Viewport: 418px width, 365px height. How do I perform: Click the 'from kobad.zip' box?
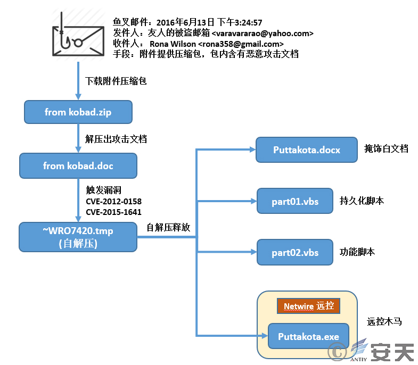coord(78,112)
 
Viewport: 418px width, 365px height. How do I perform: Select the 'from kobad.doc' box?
coord(78,165)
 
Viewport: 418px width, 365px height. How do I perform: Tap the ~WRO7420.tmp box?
coord(78,237)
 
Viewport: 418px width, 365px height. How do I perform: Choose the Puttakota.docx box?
coord(307,150)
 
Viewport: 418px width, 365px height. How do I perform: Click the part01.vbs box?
coord(295,201)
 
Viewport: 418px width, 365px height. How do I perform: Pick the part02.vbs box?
coord(295,252)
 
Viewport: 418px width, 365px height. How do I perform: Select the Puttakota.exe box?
coord(308,336)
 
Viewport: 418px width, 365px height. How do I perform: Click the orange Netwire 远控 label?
coord(308,306)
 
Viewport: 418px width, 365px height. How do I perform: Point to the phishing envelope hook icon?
coord(78,35)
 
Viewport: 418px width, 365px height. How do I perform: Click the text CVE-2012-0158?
coord(113,202)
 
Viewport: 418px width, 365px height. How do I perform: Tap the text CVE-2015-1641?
coord(113,212)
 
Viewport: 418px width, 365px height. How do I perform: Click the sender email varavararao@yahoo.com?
coord(263,34)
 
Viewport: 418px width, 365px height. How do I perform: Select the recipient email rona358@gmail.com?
coord(241,44)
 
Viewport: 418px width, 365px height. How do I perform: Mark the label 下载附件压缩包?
coord(116,81)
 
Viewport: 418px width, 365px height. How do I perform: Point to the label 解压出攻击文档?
coord(116,139)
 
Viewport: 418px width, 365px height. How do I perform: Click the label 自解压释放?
coord(168,227)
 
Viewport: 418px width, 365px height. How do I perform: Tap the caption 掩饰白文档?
coord(386,148)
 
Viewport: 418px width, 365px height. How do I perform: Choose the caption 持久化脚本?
coord(362,201)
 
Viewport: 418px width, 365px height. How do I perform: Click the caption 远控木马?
coord(384,321)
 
